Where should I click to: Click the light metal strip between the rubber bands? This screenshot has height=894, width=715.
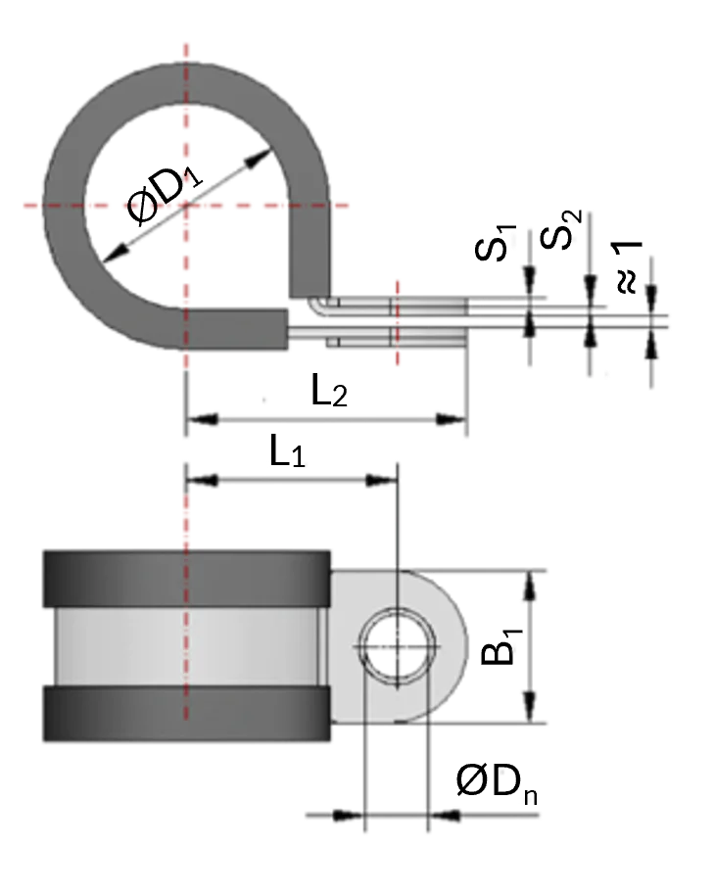tap(185, 647)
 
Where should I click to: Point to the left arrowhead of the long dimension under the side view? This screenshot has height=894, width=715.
tap(204, 421)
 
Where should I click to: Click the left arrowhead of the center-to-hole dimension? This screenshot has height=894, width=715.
tap(203, 480)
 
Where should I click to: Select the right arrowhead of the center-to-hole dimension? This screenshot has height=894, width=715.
tap(379, 480)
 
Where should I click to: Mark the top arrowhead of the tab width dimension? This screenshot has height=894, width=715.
tap(530, 586)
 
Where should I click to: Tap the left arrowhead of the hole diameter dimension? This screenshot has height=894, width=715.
tap(345, 813)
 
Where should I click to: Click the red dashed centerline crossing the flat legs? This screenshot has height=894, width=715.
tap(397, 323)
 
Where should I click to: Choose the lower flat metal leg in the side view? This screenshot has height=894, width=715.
tap(392, 339)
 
